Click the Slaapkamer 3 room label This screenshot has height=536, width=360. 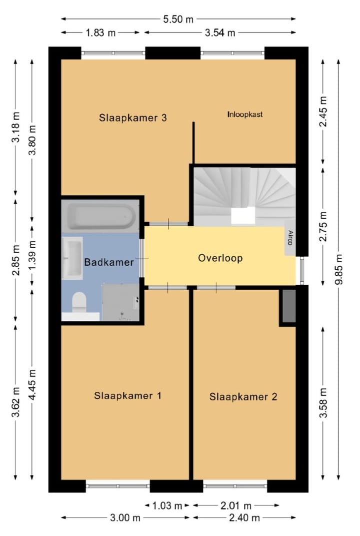(133, 118)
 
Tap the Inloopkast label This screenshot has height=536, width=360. (245, 114)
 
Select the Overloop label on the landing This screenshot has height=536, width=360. (220, 258)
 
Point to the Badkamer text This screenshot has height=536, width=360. (109, 262)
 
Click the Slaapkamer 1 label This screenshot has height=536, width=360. (127, 395)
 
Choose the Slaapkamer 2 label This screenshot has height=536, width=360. (243, 396)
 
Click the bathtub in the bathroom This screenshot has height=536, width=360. (100, 217)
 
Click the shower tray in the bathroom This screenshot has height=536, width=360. (120, 302)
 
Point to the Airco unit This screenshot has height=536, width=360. (290, 238)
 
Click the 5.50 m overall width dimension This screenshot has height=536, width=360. (178, 19)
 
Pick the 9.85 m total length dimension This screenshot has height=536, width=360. (339, 269)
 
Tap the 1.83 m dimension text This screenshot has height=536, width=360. (100, 33)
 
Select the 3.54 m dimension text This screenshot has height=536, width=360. (220, 33)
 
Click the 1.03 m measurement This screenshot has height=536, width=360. (166, 505)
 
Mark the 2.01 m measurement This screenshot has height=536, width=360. (236, 505)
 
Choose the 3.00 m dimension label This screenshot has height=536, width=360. (125, 518)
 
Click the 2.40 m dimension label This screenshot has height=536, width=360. (244, 518)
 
